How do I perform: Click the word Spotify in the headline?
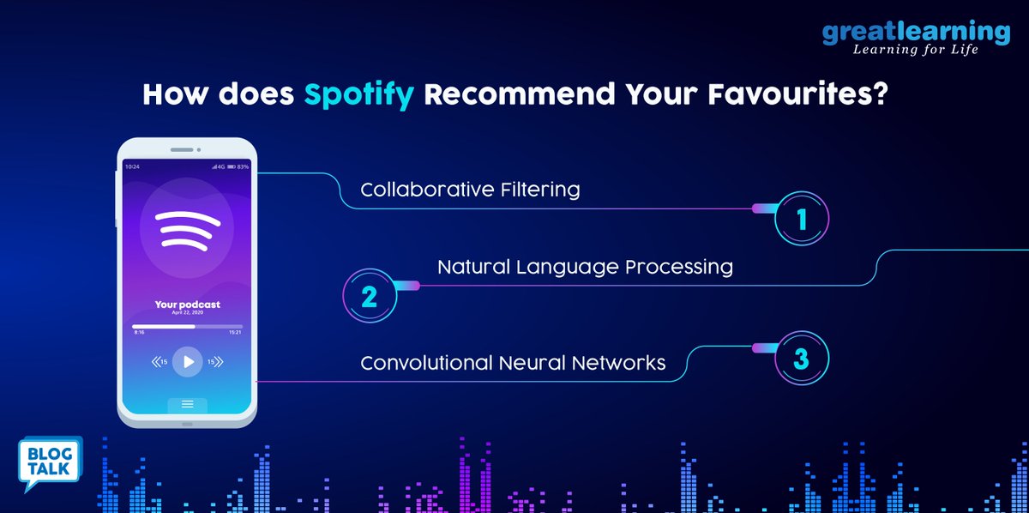pyautogui.click(x=360, y=94)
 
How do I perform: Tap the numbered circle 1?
pyautogui.click(x=802, y=220)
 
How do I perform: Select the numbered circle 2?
pyautogui.click(x=370, y=296)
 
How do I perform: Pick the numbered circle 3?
pyautogui.click(x=801, y=359)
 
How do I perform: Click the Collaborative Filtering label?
pyautogui.click(x=470, y=190)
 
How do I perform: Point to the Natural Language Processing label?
pyautogui.click(x=585, y=267)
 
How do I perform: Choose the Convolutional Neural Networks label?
pyautogui.click(x=513, y=363)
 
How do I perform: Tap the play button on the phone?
pyautogui.click(x=188, y=361)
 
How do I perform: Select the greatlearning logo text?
pyautogui.click(x=916, y=32)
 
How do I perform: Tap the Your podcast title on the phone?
pyautogui.click(x=187, y=305)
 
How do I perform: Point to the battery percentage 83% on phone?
pyautogui.click(x=243, y=166)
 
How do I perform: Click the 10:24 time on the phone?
pyautogui.click(x=132, y=166)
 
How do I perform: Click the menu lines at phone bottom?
pyautogui.click(x=187, y=403)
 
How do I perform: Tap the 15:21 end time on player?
pyautogui.click(x=234, y=332)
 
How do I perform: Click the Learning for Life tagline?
pyautogui.click(x=915, y=50)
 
